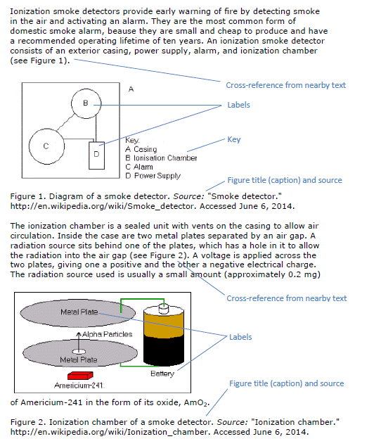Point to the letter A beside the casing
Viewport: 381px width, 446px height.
click(x=131, y=89)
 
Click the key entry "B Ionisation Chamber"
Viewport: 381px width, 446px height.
click(x=161, y=158)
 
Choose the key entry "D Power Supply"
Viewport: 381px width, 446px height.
click(x=153, y=176)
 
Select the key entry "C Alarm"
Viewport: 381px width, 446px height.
click(x=139, y=167)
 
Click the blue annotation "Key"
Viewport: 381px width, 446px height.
click(x=234, y=140)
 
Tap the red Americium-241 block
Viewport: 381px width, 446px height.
click(x=80, y=376)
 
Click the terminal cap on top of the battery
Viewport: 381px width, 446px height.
click(x=164, y=308)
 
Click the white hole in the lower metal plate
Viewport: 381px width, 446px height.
click(x=79, y=352)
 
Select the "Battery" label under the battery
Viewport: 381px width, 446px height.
click(x=162, y=374)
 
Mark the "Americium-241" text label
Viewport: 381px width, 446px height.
click(x=79, y=386)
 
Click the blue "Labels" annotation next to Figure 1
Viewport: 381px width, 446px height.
click(x=238, y=105)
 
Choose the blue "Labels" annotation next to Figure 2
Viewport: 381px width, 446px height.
click(x=240, y=337)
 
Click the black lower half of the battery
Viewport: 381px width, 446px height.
click(x=164, y=350)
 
